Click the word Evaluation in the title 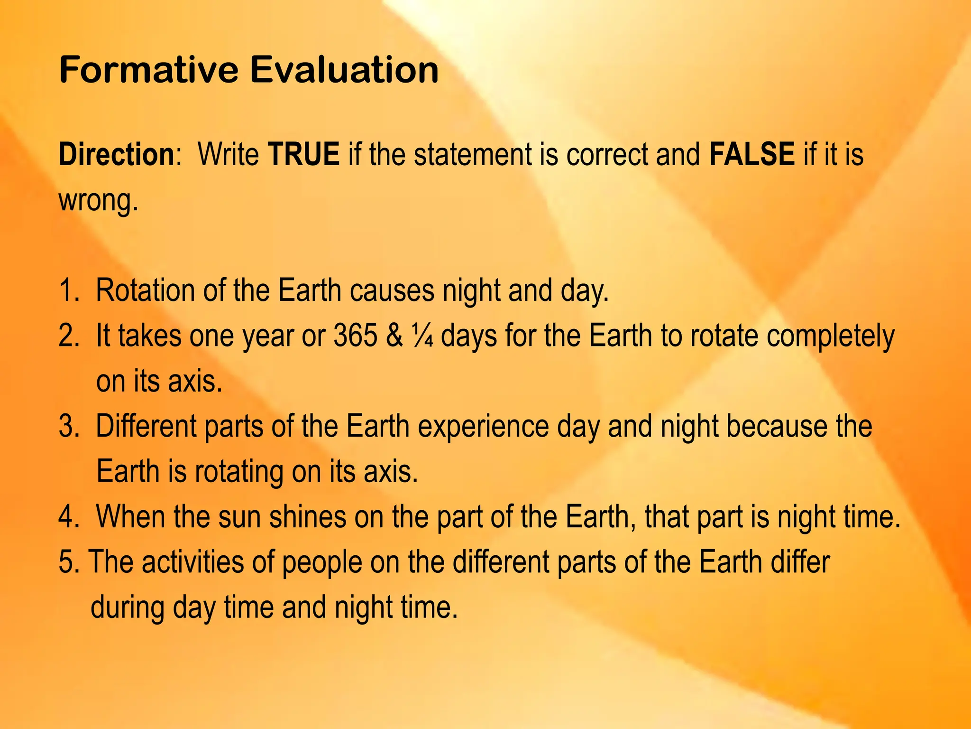pyautogui.click(x=344, y=70)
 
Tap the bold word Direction pyautogui.click(x=117, y=154)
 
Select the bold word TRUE pyautogui.click(x=303, y=154)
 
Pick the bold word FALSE pyautogui.click(x=752, y=154)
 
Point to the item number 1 pyautogui.click(x=68, y=290)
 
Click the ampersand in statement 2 pyautogui.click(x=394, y=336)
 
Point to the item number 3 pyautogui.click(x=68, y=426)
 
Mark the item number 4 pyautogui.click(x=68, y=516)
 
